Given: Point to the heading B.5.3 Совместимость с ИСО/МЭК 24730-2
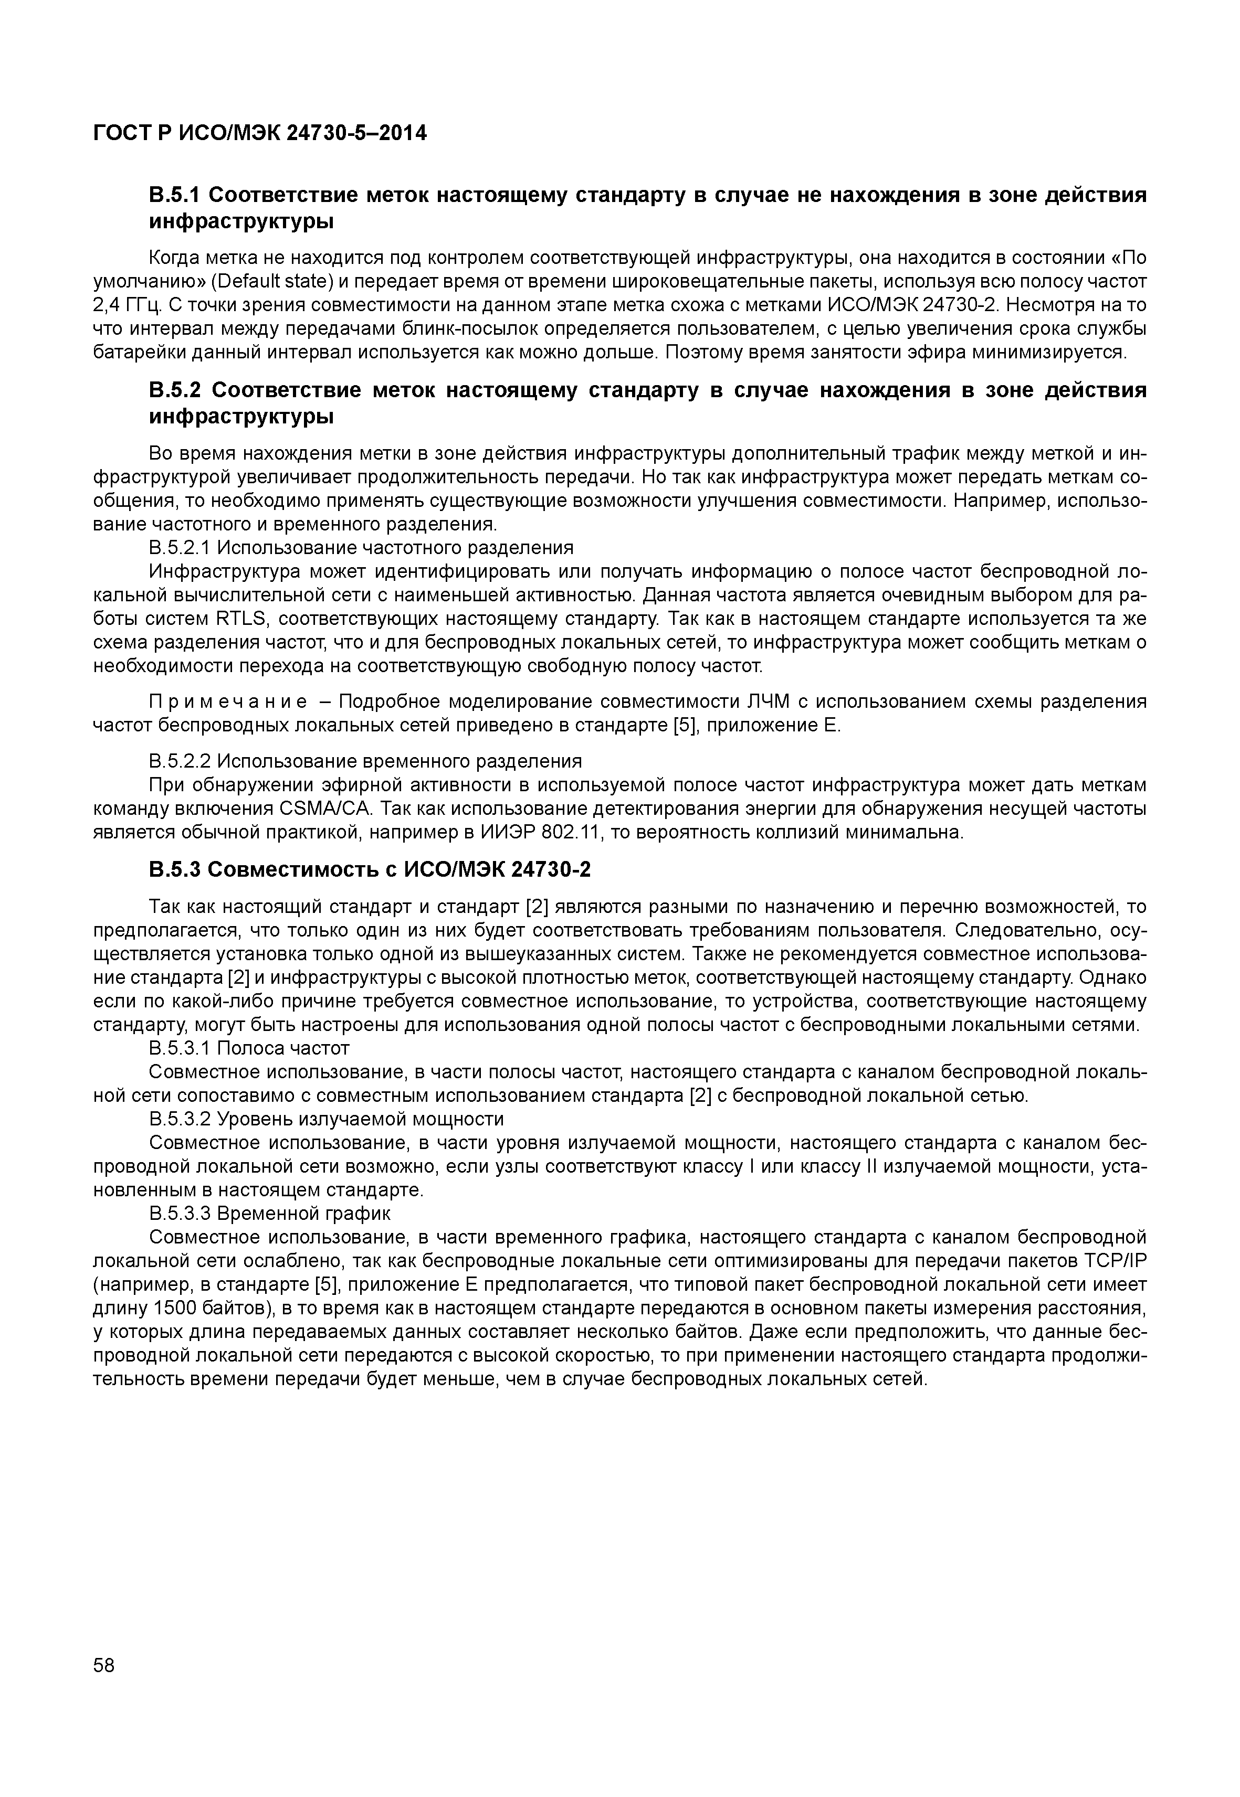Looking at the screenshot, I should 369,870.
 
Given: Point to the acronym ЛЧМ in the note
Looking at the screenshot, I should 768,702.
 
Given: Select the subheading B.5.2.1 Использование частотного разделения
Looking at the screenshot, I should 361,547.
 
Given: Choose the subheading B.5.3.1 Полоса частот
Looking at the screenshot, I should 249,1048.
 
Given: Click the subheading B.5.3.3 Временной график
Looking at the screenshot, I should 270,1213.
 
